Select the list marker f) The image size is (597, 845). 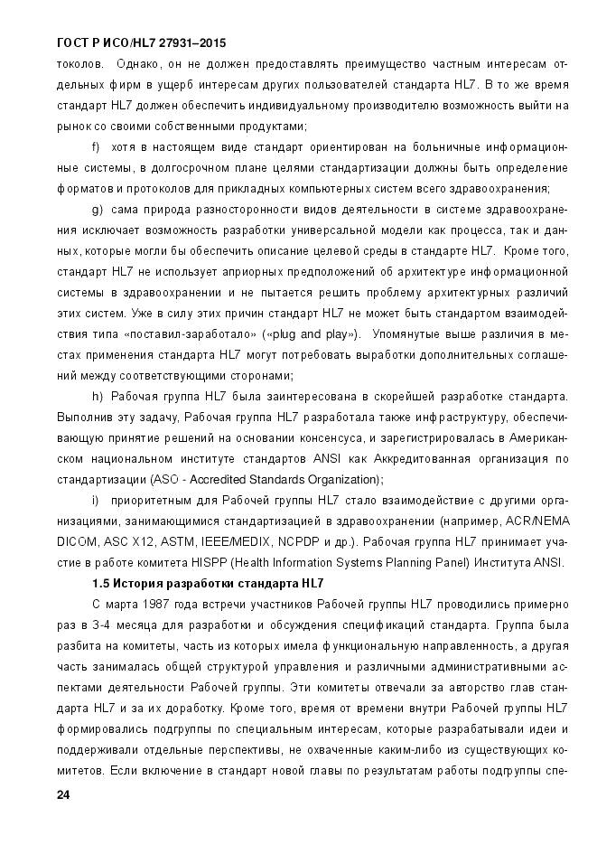coord(97,146)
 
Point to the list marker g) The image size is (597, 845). coord(98,209)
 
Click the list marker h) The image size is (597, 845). coord(98,397)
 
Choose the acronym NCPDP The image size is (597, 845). coord(294,542)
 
